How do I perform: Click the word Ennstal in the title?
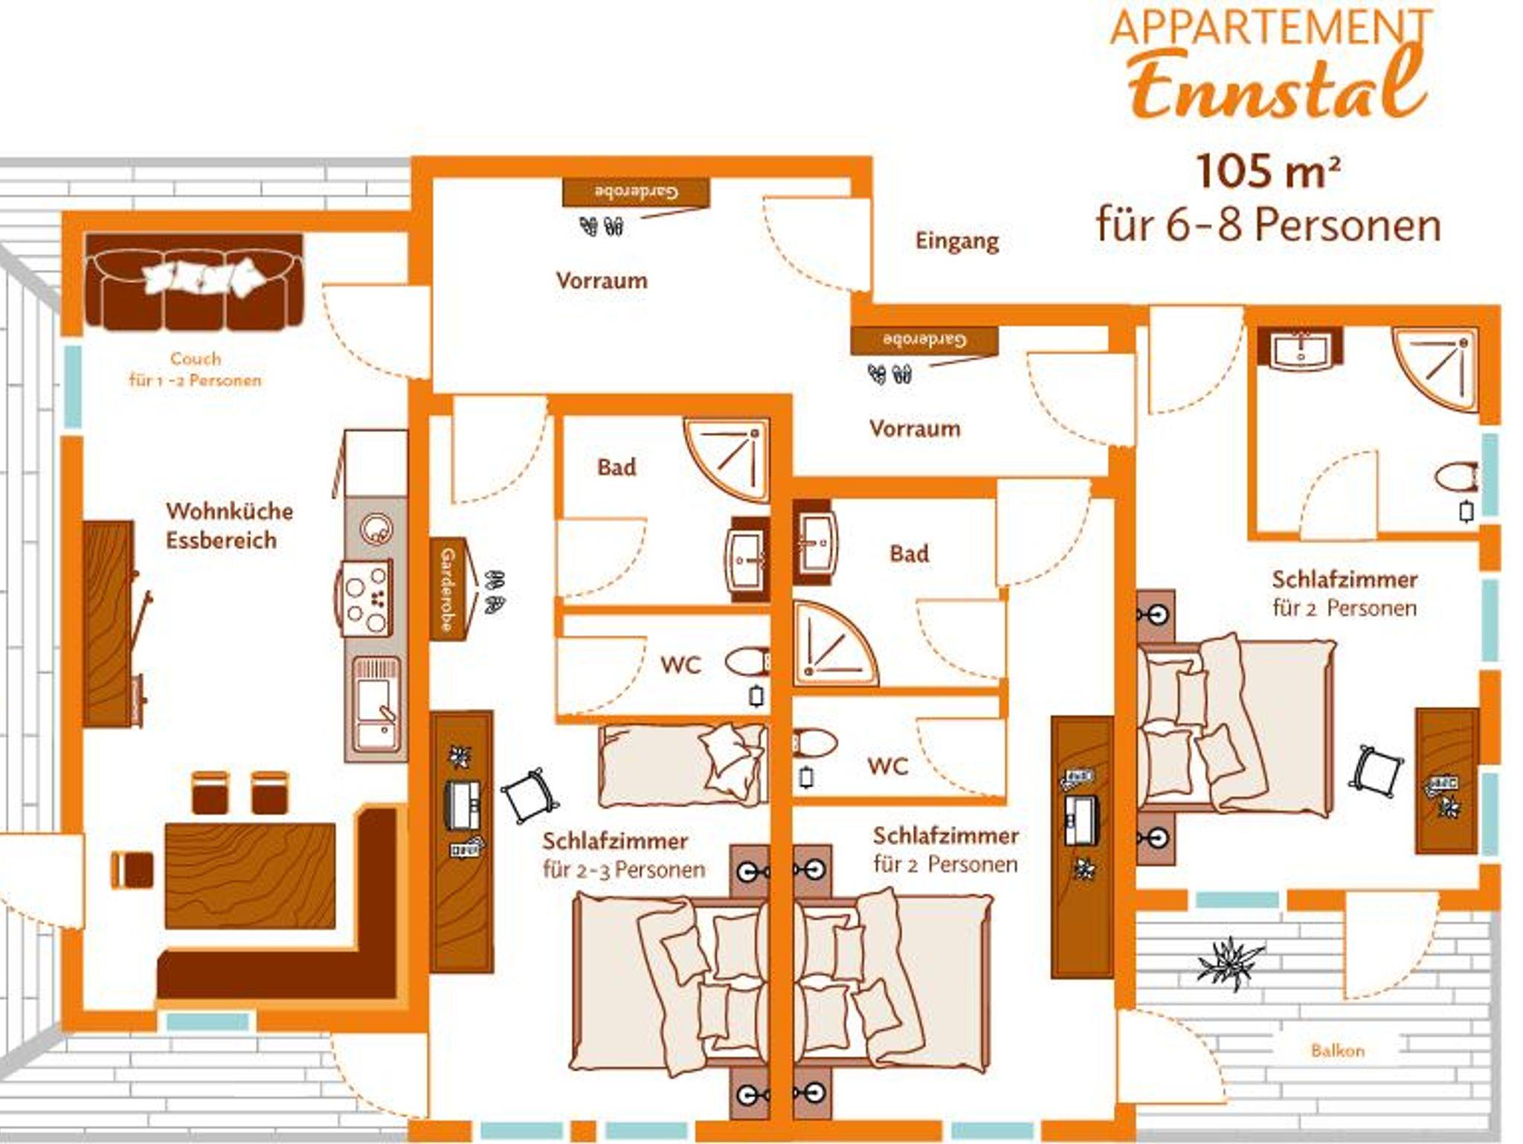pos(1278,86)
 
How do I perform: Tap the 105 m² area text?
pos(1268,172)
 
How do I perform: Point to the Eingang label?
pos(957,241)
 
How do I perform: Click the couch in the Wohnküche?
pos(194,282)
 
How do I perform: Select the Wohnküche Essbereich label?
pos(229,525)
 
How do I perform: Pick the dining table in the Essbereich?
pos(250,875)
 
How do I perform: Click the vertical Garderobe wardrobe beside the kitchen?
pos(448,588)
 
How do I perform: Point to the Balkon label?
pos(1337,1051)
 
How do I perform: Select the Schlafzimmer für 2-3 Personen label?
pos(623,855)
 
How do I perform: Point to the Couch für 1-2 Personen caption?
pos(195,369)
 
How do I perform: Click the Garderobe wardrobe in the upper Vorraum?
pos(636,193)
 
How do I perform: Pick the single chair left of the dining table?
pos(132,869)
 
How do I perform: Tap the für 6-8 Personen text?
pos(1268,224)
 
